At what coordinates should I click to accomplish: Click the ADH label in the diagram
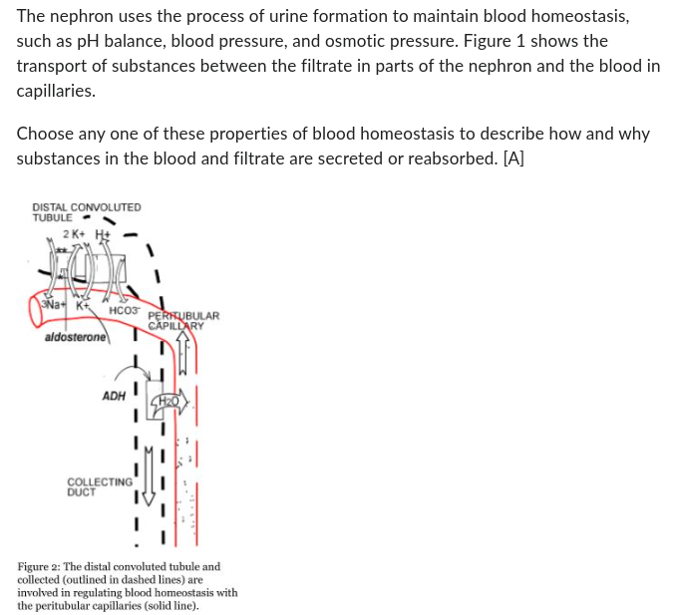[114, 395]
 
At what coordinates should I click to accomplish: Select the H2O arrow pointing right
[169, 400]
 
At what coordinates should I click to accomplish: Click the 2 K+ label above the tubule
[73, 233]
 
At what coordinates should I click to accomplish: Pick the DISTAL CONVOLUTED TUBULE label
[86, 212]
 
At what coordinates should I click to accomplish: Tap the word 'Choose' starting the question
[46, 134]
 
